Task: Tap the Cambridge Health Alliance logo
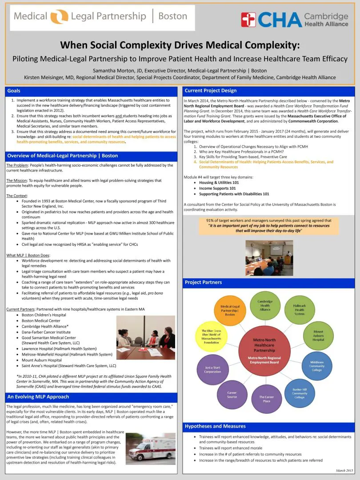(x=294, y=20)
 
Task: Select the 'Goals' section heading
(x=14, y=91)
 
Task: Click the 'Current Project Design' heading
(x=211, y=91)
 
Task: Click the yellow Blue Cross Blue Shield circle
(x=211, y=336)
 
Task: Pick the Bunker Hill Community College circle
(x=300, y=393)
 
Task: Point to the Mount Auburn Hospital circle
(x=318, y=336)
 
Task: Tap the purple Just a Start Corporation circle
(x=212, y=369)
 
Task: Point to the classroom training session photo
(x=269, y=252)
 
